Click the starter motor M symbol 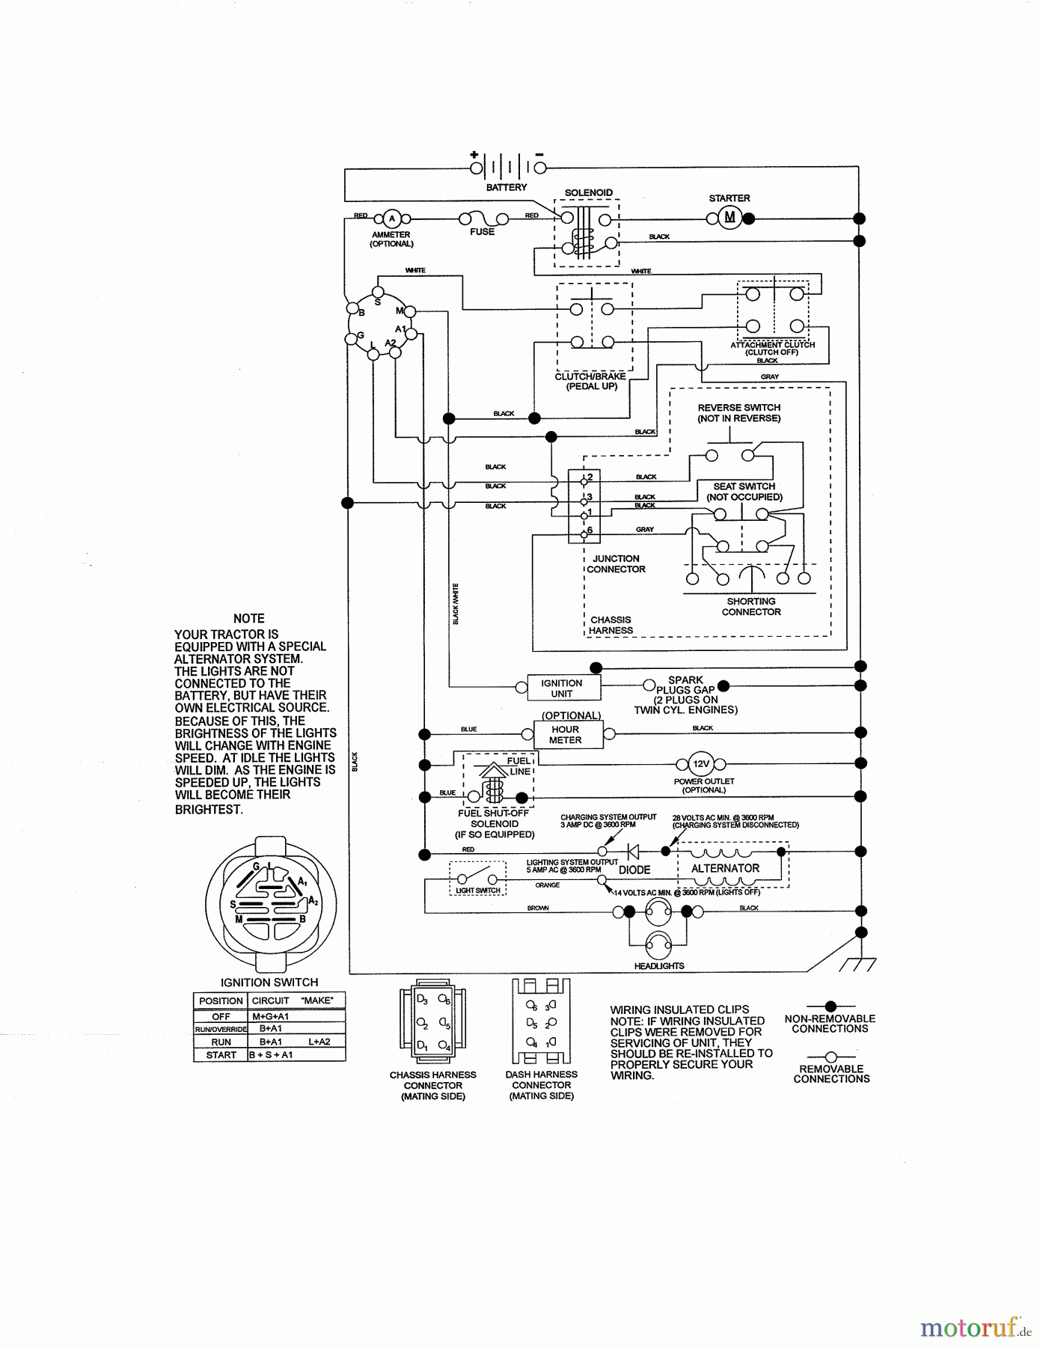(x=730, y=218)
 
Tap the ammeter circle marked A (x=391, y=219)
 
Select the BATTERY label (x=507, y=187)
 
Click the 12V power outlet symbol (x=701, y=764)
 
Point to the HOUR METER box (x=565, y=734)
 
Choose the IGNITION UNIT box (x=561, y=688)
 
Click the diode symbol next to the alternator (x=632, y=851)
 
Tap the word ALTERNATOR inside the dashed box (x=725, y=868)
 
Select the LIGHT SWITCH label (x=478, y=891)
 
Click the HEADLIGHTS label (x=659, y=965)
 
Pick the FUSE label (x=483, y=232)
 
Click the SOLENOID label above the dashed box (x=589, y=193)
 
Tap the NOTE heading (x=248, y=618)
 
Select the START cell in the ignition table (x=221, y=1054)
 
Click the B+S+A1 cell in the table (x=272, y=1054)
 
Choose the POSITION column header (x=221, y=1001)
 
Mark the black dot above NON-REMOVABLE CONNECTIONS (x=831, y=1007)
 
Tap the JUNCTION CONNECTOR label (x=616, y=563)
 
